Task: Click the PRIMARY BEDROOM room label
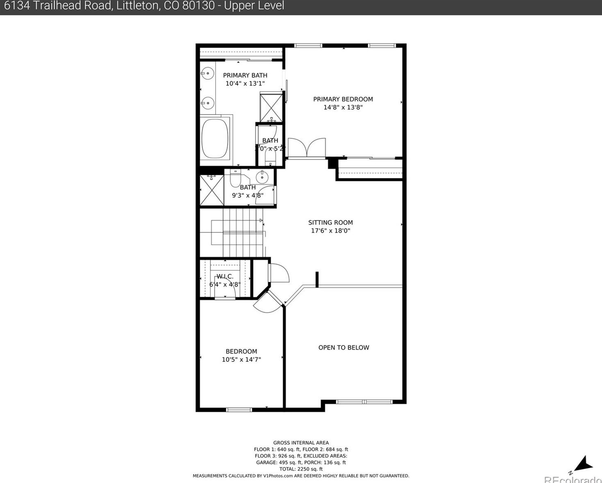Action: coord(343,99)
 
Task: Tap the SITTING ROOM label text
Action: coord(330,223)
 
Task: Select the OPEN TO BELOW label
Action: coord(344,348)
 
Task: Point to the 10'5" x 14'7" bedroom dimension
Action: coord(241,359)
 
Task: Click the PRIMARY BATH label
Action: coord(245,75)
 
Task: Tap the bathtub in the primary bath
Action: coord(215,138)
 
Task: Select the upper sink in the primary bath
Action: coord(208,74)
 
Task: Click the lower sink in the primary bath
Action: coord(208,103)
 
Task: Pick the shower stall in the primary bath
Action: coord(271,108)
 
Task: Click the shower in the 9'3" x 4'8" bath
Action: coord(212,190)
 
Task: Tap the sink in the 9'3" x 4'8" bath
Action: coord(262,177)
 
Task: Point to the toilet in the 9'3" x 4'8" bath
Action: coord(235,178)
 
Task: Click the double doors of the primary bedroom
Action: coord(306,148)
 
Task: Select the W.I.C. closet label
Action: coord(225,276)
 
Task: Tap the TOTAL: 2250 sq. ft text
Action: coord(301,469)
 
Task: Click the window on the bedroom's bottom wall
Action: coord(239,409)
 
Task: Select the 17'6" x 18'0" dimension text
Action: coord(330,231)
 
